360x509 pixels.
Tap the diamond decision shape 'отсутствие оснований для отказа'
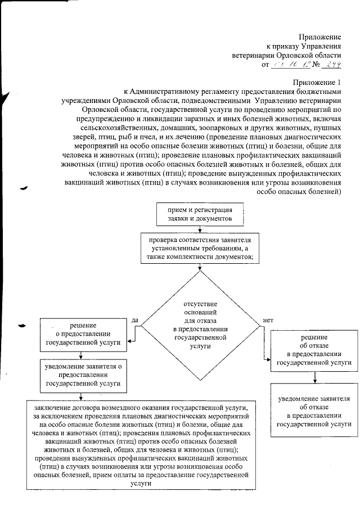[201, 326]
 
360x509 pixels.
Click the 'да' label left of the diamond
[135, 320]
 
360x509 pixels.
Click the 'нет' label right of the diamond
[268, 321]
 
